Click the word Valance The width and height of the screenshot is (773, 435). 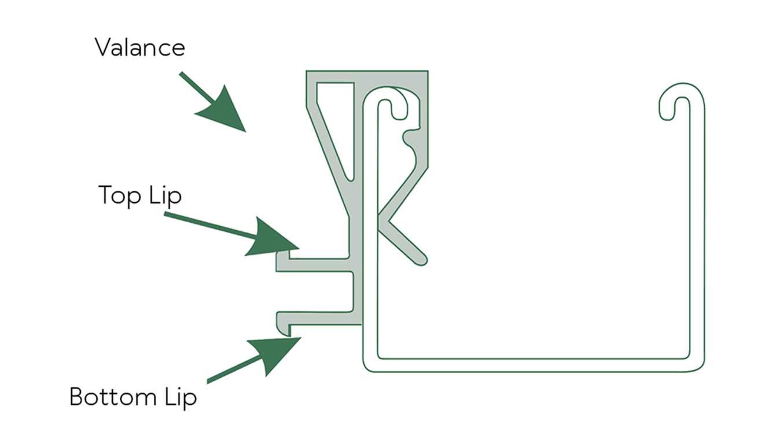coord(140,47)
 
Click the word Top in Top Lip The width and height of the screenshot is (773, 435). coord(120,196)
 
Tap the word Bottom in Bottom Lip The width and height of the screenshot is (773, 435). coord(113,396)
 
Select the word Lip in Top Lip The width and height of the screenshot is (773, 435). coord(165,196)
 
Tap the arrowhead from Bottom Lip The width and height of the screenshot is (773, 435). coord(273,354)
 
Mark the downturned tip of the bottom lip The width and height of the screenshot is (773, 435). coord(284,330)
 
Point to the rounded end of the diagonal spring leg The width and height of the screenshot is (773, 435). coord(421,259)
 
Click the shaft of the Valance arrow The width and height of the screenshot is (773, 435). coord(197,88)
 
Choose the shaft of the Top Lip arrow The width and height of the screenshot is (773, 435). coord(210,225)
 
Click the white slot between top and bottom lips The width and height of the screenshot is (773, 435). coord(314,292)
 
